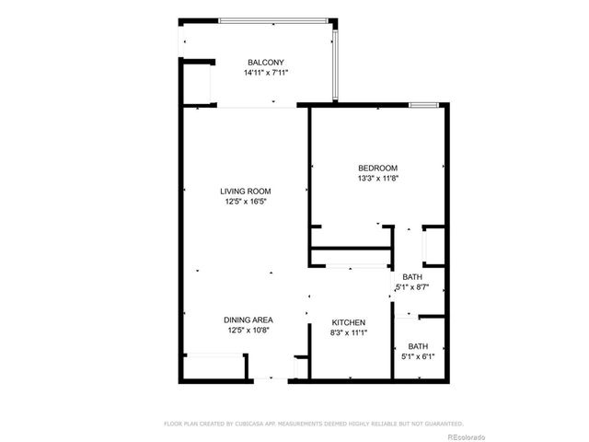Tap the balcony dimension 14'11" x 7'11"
pyautogui.click(x=265, y=72)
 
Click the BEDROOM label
pyautogui.click(x=377, y=168)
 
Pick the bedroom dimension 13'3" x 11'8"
pyautogui.click(x=377, y=178)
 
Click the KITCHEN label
pyautogui.click(x=349, y=322)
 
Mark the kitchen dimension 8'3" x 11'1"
pyautogui.click(x=349, y=332)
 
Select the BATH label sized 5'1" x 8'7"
pyautogui.click(x=411, y=277)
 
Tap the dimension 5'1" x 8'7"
pyautogui.click(x=411, y=287)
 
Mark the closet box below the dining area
pyautogui.click(x=214, y=366)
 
